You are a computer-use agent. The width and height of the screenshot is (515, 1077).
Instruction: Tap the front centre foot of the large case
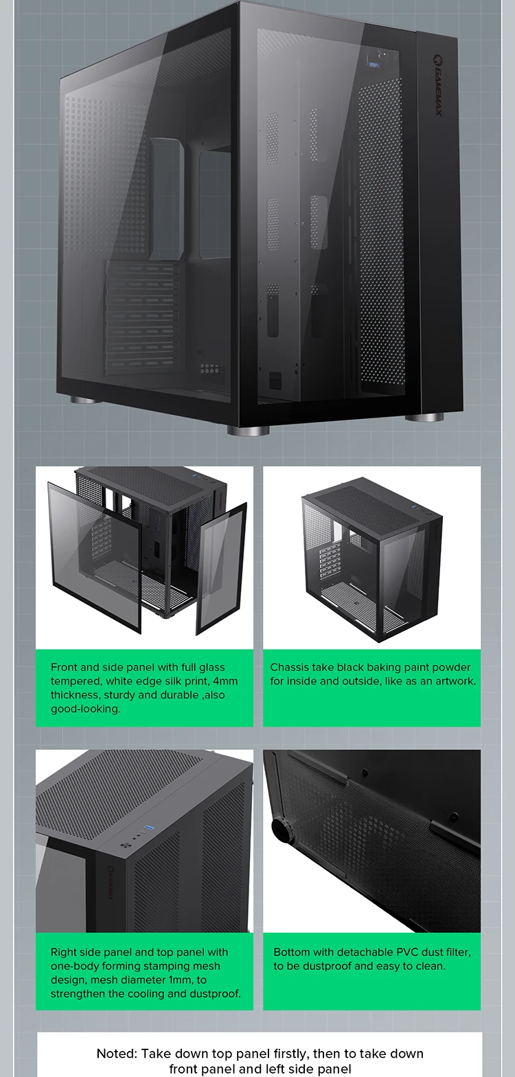coord(249,430)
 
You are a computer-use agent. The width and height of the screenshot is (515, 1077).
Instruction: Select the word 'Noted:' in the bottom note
coord(117,1054)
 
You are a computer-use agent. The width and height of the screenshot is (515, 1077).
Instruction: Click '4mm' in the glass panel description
coord(225,681)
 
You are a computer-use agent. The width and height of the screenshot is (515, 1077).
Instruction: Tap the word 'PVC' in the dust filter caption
coord(410,952)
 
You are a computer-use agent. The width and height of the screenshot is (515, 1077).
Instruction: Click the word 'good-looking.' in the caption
coord(85,708)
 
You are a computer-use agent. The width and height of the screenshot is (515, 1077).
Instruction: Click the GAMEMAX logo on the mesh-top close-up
coord(111,886)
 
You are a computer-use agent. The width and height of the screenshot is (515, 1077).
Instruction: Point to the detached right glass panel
coord(221,568)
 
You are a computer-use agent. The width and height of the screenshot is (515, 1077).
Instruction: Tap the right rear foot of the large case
coord(424,417)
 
